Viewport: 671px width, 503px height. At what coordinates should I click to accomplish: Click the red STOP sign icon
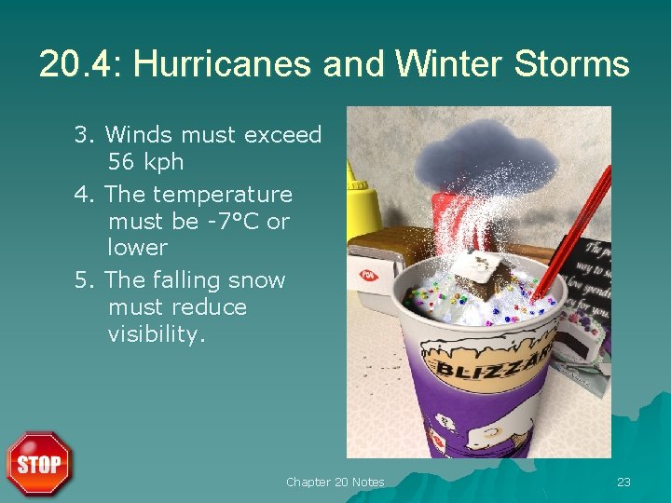[x=38, y=463]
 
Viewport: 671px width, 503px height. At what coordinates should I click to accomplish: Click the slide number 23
[x=623, y=482]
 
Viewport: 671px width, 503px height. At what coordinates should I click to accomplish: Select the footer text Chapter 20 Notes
[x=335, y=482]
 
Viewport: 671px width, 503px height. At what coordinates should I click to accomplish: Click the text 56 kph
[x=145, y=162]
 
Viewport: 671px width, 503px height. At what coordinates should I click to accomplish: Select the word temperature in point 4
[x=222, y=195]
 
